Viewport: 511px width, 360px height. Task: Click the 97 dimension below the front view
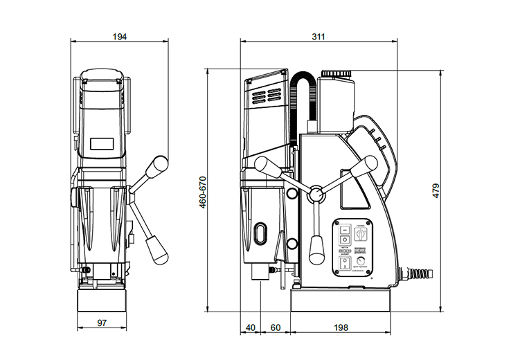pos(102,323)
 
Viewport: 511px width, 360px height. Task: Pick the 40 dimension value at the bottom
pos(250,327)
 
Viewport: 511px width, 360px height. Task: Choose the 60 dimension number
pos(275,327)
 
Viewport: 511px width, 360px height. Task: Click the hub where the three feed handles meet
pos(316,194)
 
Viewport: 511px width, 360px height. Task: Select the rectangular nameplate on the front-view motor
pos(102,145)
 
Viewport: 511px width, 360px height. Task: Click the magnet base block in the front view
pos(102,299)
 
